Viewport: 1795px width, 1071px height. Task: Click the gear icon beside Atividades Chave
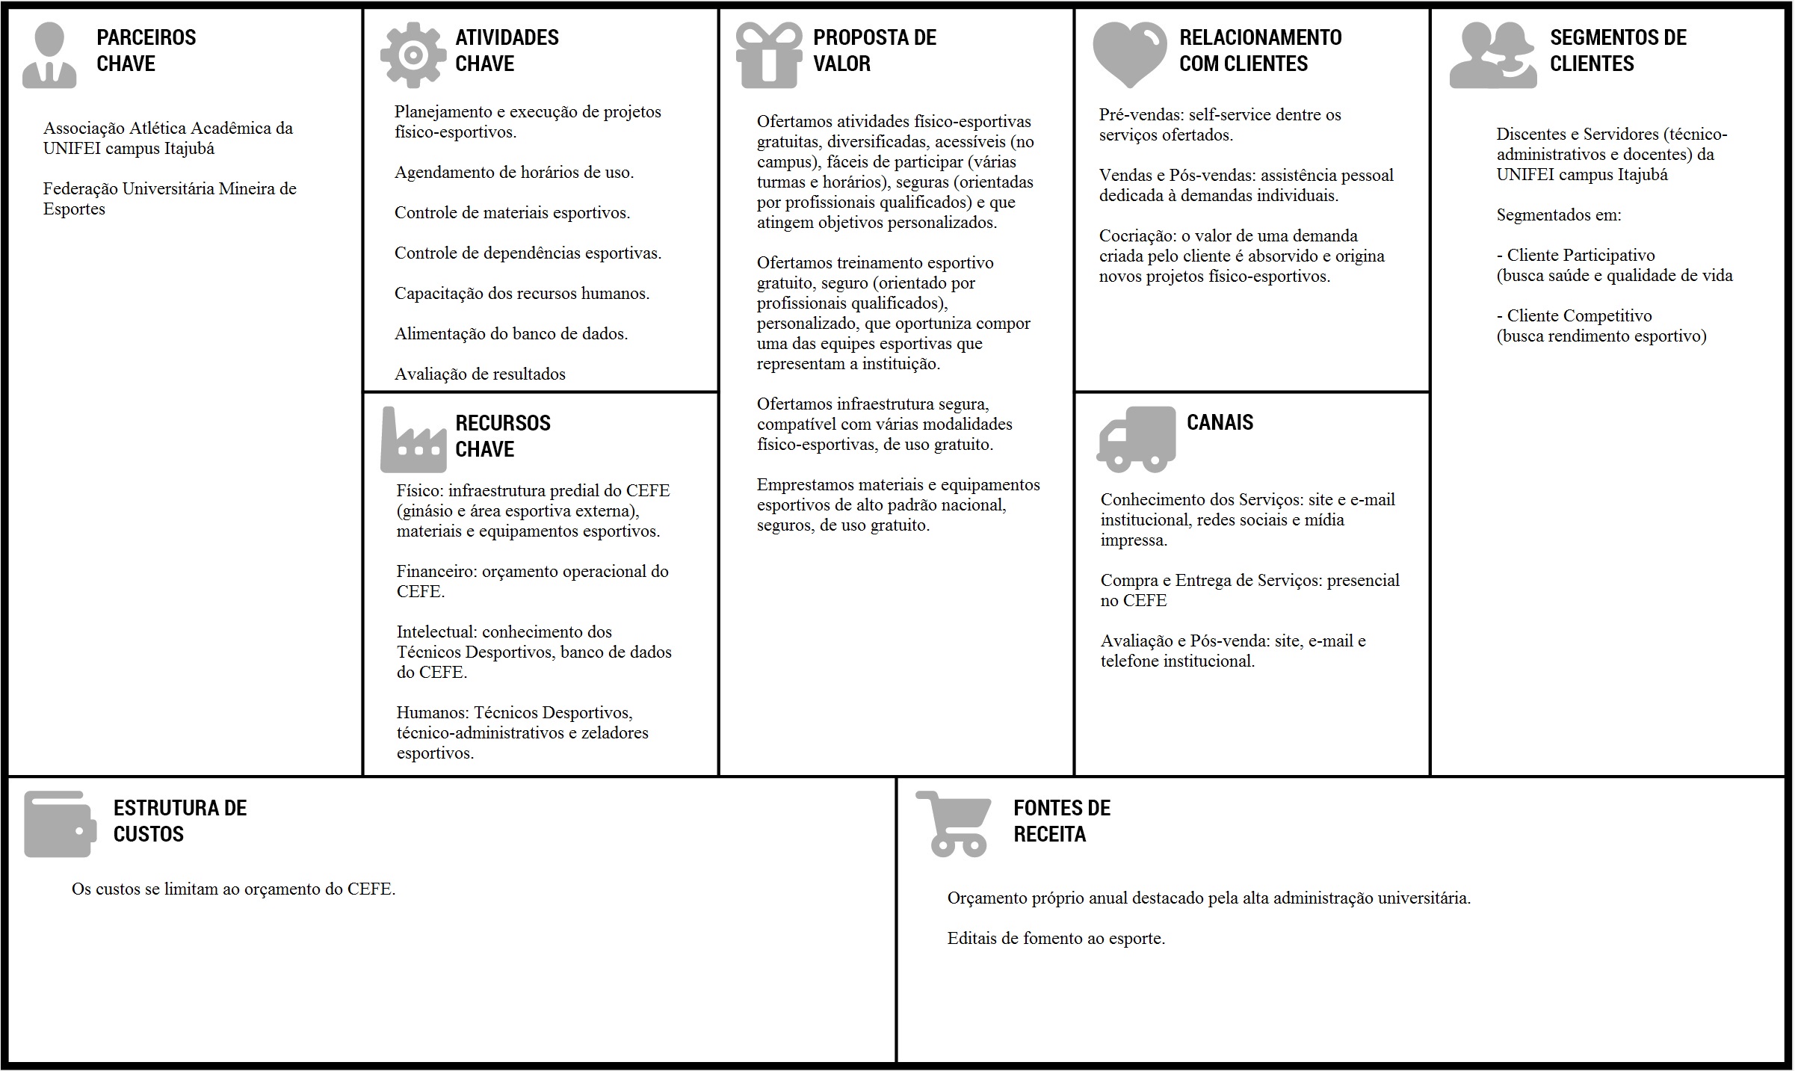[x=413, y=55]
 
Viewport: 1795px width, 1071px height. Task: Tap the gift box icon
[x=768, y=55]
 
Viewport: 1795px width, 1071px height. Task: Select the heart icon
[x=1129, y=54]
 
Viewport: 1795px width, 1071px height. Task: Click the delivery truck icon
[x=1136, y=439]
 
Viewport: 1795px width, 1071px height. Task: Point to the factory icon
[x=413, y=441]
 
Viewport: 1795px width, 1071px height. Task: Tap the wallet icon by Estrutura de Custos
[x=60, y=824]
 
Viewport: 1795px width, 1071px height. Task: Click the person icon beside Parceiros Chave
[x=49, y=55]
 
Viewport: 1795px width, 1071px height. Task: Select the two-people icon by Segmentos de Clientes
[x=1492, y=55]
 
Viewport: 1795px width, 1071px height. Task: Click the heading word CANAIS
[x=1220, y=422]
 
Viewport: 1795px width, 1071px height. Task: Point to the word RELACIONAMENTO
[x=1260, y=37]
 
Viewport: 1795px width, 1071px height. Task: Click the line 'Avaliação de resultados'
[x=480, y=374]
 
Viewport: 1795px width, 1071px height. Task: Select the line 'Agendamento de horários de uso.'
[x=514, y=173]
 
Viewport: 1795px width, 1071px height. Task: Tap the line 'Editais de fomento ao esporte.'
[x=1056, y=939]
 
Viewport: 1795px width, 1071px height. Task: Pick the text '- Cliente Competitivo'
[x=1574, y=316]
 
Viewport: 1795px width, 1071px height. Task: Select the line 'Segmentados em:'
[x=1559, y=215]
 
